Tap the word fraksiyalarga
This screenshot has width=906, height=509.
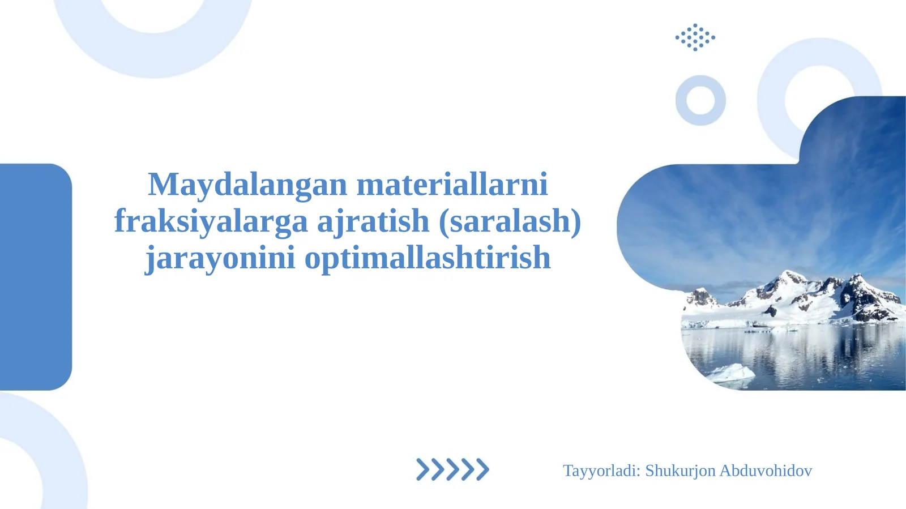pos(211,221)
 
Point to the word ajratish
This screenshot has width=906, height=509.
pos(373,221)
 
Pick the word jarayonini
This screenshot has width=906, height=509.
pos(220,258)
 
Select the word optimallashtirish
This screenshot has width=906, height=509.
pos(428,258)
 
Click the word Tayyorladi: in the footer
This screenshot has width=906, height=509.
pos(601,470)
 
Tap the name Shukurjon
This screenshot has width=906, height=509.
pos(680,470)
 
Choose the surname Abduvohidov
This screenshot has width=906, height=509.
pos(766,470)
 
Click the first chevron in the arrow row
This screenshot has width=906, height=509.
pos(422,469)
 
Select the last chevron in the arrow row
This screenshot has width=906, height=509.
pos(482,469)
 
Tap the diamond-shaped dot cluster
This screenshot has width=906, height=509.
pos(695,37)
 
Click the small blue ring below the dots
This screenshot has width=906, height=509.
pos(700,113)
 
